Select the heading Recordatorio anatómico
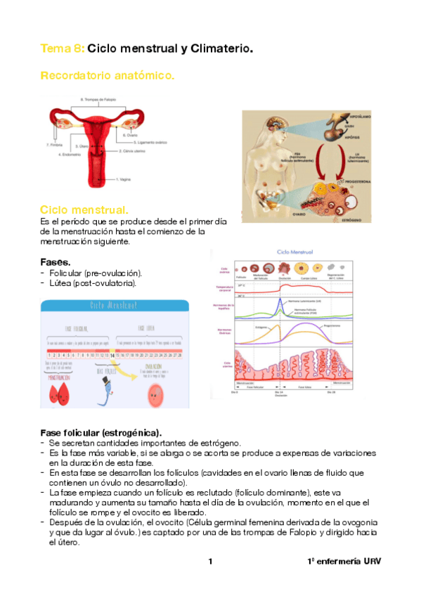[108, 74]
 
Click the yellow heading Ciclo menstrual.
[84, 210]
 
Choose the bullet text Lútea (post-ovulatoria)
[93, 283]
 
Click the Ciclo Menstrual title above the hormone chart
[295, 252]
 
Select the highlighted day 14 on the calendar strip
[112, 356]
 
